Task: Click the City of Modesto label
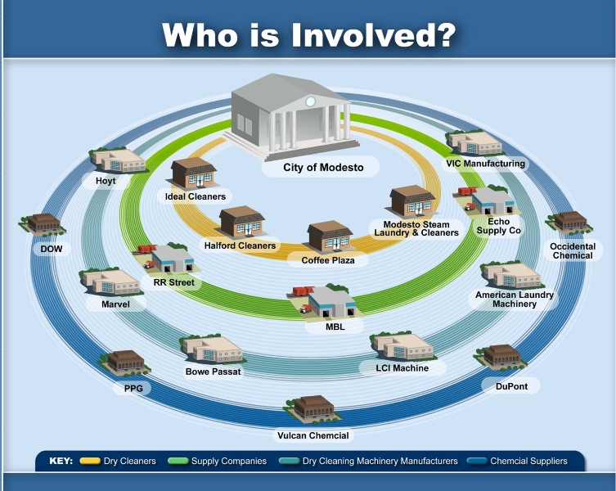pos(323,168)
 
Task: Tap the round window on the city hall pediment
pos(310,101)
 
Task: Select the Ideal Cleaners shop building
pos(194,173)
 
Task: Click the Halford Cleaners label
pos(240,245)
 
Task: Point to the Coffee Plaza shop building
pos(330,236)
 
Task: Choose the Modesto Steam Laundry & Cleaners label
pos(416,228)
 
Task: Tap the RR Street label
pos(173,282)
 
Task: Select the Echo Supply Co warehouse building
pos(493,200)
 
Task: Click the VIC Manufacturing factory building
pos(474,143)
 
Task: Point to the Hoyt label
pos(106,181)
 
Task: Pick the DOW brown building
pos(43,224)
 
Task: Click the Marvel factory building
pos(110,282)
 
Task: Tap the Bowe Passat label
pos(213,372)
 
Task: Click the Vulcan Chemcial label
pos(313,435)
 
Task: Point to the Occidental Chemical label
pos(573,250)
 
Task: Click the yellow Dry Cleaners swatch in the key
pos(90,461)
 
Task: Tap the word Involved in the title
pos(374,35)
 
